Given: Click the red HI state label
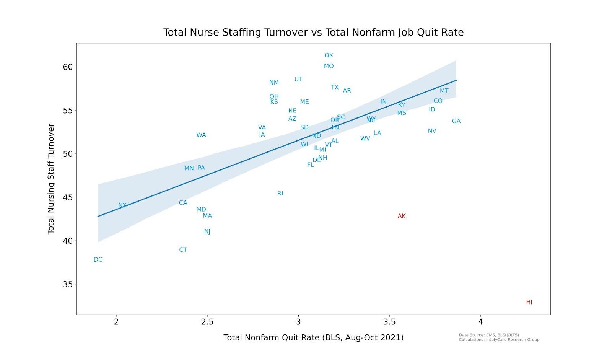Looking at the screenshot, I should (x=529, y=302).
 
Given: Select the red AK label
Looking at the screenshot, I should (x=401, y=216).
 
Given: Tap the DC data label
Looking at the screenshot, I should (x=98, y=260).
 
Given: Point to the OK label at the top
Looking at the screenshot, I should (x=329, y=55).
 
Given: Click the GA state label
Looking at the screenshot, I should (x=456, y=121).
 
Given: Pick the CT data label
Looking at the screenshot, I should (x=183, y=250).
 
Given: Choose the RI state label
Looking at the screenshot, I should (x=280, y=194).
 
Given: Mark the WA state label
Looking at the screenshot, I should (x=201, y=135).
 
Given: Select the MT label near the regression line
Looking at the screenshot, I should (x=444, y=91).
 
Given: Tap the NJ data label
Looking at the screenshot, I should (x=207, y=232).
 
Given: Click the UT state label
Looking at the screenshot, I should (x=298, y=79).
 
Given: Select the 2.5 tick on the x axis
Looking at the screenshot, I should (x=207, y=322).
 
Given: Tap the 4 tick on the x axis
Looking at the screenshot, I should (x=480, y=322).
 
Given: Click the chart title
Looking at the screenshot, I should (x=313, y=32).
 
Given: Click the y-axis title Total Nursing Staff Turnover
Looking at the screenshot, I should (x=51, y=179).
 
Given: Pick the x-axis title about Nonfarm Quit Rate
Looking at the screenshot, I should (x=313, y=337).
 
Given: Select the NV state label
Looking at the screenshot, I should (x=432, y=131).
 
